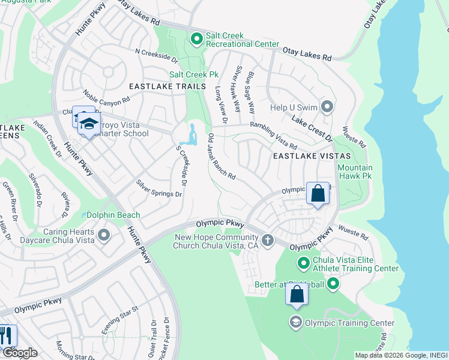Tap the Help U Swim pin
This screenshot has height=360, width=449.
pos(327,107)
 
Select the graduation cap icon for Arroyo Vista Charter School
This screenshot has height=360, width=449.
pos(89,124)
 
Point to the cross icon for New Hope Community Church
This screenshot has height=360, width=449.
pos(268,241)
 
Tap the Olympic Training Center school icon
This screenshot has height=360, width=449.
pos(295,323)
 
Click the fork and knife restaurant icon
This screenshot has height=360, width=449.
pos(6,334)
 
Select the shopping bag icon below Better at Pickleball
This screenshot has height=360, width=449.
pos(297,295)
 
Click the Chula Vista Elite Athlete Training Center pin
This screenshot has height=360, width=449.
pos(304,263)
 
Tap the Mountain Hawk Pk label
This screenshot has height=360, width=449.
pos(355,172)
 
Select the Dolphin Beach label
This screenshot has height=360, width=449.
pos(113,215)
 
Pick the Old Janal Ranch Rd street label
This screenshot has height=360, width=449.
pos(221,159)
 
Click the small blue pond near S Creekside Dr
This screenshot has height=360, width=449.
pos(191,135)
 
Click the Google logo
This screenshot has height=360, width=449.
pos(19,352)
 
